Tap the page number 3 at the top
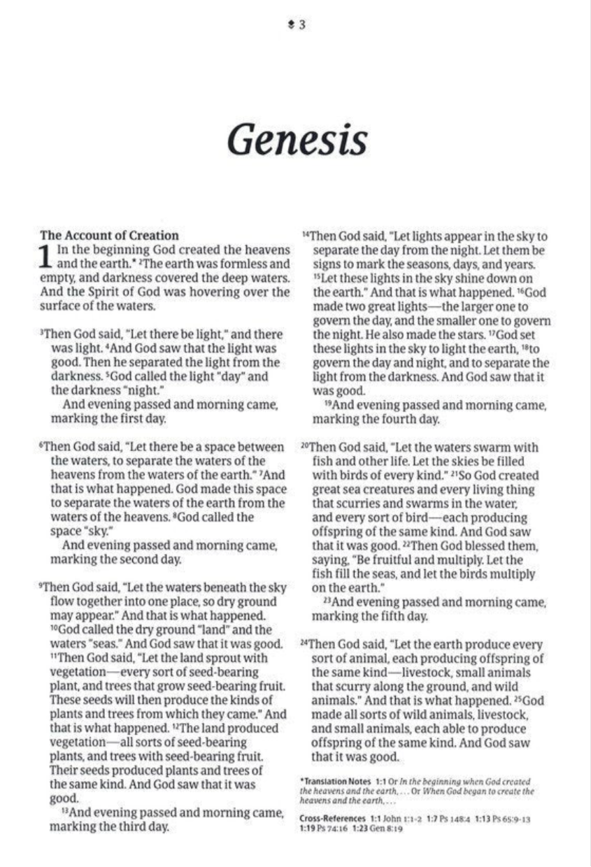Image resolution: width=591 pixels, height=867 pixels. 301,25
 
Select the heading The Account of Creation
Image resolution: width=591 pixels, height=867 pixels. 109,236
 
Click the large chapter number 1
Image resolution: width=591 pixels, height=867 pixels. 45,257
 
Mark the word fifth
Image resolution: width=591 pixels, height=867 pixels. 396,617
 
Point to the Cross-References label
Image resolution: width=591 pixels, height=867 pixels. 332,819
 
